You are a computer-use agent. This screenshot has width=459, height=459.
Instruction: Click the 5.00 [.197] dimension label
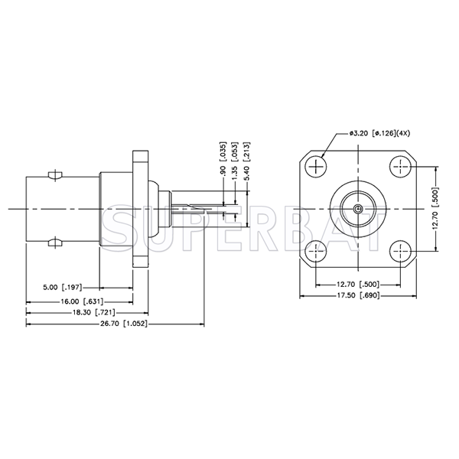pos(62,288)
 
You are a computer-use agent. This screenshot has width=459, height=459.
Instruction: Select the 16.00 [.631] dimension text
pos(79,301)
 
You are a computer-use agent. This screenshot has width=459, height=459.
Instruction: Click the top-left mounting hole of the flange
pos(315,166)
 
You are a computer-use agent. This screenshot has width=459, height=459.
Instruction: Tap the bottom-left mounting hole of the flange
pos(315,250)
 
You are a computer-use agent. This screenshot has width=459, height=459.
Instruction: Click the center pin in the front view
pos(358,208)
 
